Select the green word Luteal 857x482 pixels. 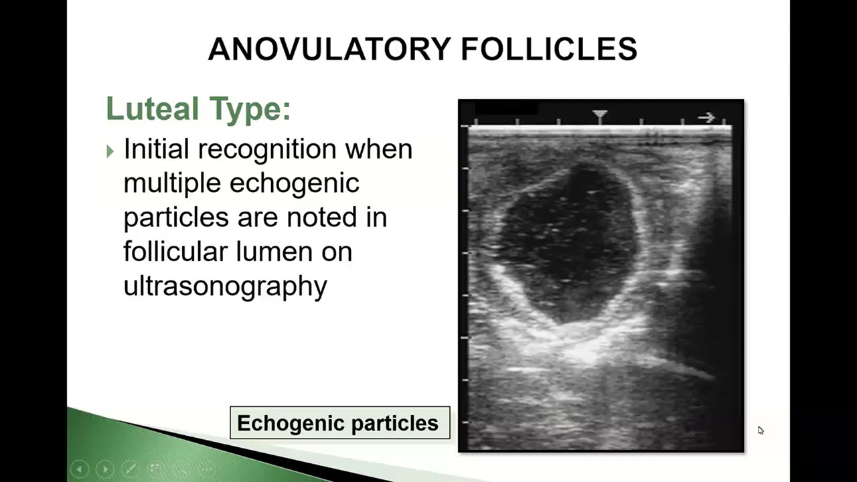click(152, 108)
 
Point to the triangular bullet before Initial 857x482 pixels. click(110, 151)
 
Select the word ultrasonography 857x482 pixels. click(225, 287)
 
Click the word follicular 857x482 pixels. click(175, 252)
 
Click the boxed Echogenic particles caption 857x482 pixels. click(339, 423)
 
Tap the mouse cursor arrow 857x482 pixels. click(761, 430)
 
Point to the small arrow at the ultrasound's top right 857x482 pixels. click(706, 118)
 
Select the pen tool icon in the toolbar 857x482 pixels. click(130, 469)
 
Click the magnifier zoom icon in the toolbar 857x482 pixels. click(180, 469)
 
